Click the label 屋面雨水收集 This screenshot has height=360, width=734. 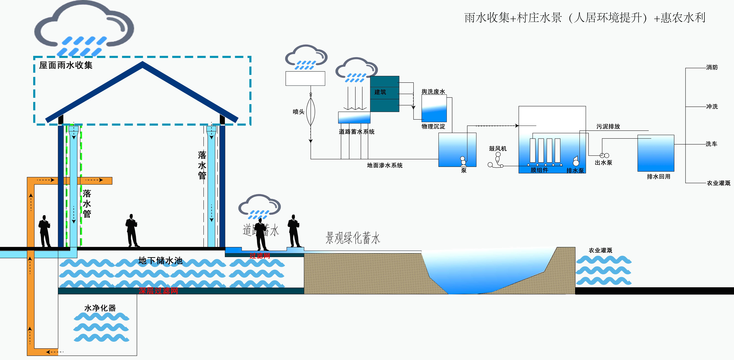65,65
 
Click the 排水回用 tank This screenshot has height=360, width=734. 656,153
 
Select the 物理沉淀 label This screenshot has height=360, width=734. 433,126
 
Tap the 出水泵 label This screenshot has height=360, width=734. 603,163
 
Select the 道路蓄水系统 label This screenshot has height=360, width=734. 357,132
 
